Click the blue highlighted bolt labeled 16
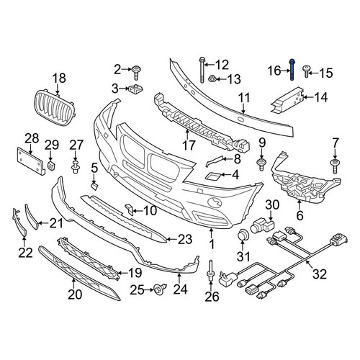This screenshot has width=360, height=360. pyautogui.click(x=292, y=70)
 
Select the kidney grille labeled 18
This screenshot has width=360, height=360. pyautogui.click(x=56, y=108)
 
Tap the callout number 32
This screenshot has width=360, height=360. pyautogui.click(x=320, y=274)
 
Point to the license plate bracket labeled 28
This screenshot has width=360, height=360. pyautogui.click(x=31, y=161)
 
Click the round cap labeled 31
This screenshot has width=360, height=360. pyautogui.click(x=243, y=235)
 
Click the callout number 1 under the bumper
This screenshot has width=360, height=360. pyautogui.click(x=212, y=244)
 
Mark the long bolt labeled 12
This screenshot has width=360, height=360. pyautogui.click(x=202, y=70)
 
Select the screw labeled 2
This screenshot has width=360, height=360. pyautogui.click(x=136, y=72)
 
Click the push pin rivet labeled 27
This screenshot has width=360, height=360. pyautogui.click(x=76, y=167)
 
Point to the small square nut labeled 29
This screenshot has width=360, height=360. pyautogui.click(x=51, y=165)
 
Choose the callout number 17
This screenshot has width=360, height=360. pyautogui.click(x=189, y=145)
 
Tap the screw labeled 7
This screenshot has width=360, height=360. pyautogui.click(x=335, y=166)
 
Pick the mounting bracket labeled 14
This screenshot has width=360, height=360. pyautogui.click(x=287, y=99)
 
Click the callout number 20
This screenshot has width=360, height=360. pyautogui.click(x=75, y=294)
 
